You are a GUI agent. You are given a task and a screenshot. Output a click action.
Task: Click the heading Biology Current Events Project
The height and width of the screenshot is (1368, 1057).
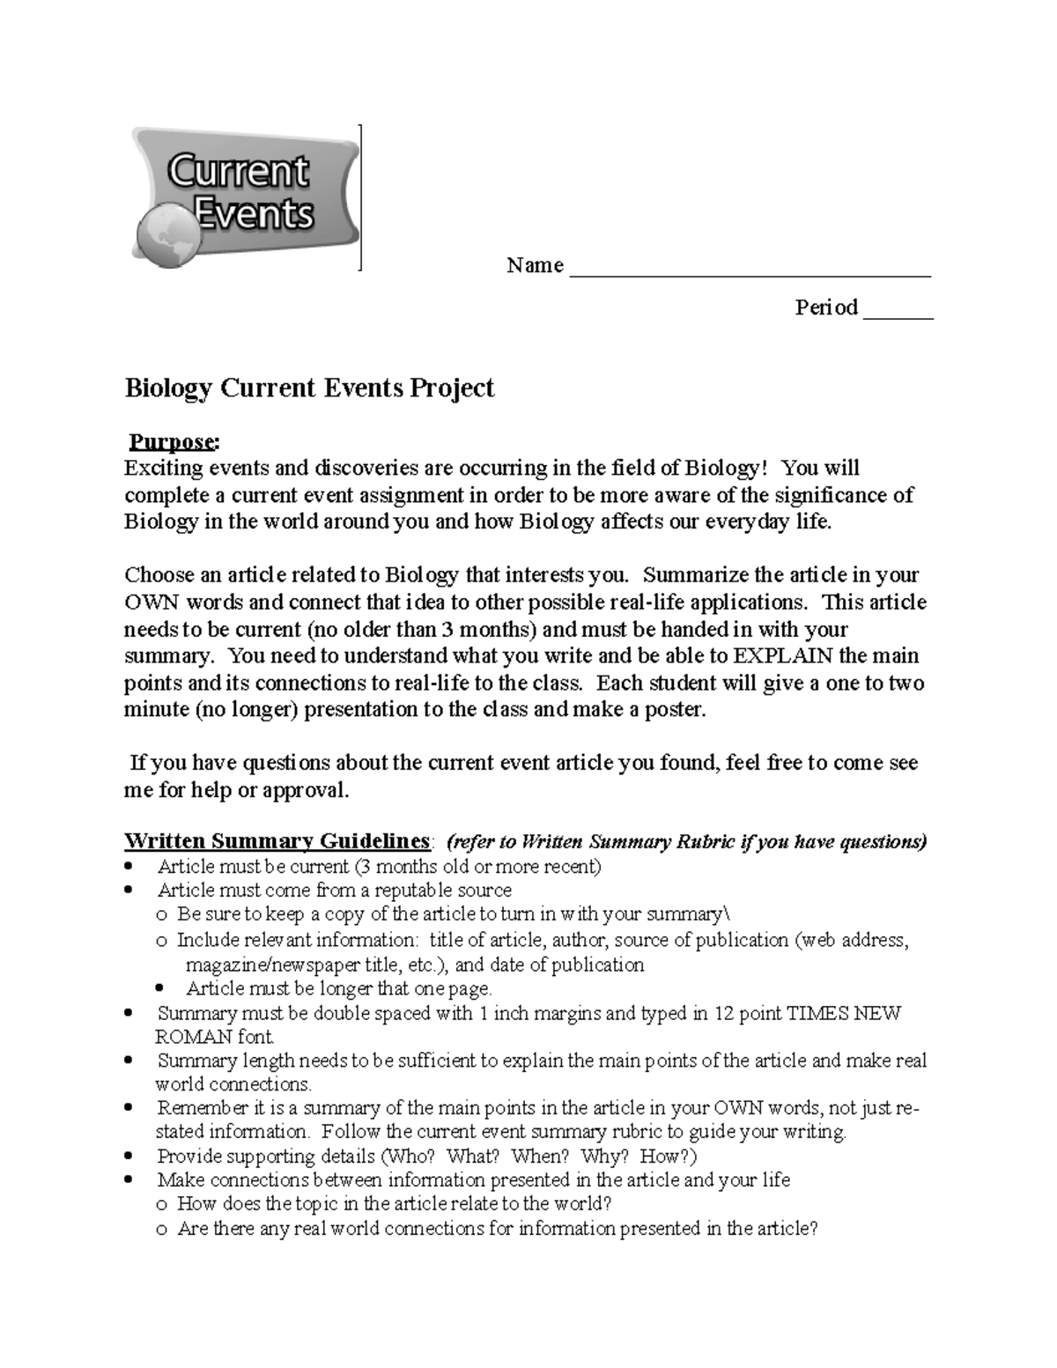point(309,388)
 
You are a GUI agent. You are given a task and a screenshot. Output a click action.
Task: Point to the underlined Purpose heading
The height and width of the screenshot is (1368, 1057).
point(172,440)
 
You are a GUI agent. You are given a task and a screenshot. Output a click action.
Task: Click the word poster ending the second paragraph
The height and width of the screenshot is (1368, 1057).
point(678,710)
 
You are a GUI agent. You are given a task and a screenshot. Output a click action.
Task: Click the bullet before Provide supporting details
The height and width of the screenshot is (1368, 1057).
point(130,1156)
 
